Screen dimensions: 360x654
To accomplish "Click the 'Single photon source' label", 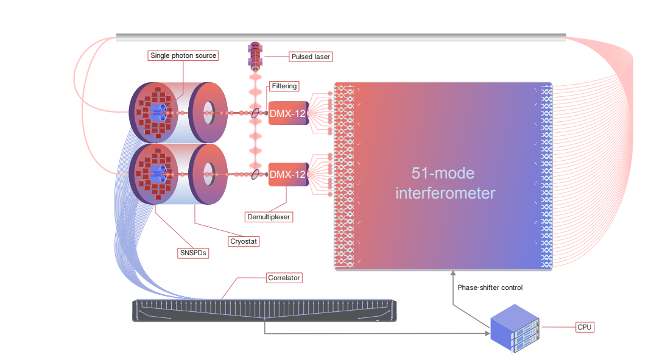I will pyautogui.click(x=183, y=55).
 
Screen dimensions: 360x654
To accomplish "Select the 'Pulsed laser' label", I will pyautogui.click(x=311, y=57).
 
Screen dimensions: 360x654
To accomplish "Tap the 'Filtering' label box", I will pyautogui.click(x=284, y=86).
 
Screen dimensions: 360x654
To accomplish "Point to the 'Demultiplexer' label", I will pyautogui.click(x=269, y=216).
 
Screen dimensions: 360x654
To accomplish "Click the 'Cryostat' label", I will pyautogui.click(x=244, y=241).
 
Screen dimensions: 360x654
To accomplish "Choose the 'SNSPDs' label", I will pyautogui.click(x=193, y=253).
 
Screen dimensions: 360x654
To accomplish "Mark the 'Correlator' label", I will pyautogui.click(x=284, y=278).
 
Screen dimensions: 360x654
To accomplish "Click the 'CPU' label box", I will pyautogui.click(x=585, y=327).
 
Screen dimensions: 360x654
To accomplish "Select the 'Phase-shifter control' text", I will pyautogui.click(x=490, y=288).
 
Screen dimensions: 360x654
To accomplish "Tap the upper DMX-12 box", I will pyautogui.click(x=288, y=113).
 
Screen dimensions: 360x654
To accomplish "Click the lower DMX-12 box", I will pyautogui.click(x=288, y=175).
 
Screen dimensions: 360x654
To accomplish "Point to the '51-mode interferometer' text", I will pyautogui.click(x=445, y=183).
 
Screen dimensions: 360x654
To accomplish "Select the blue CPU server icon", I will pyautogui.click(x=516, y=330).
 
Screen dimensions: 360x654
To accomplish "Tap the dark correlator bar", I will pyautogui.click(x=264, y=311).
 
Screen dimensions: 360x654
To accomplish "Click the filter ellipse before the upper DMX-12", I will pyautogui.click(x=255, y=113).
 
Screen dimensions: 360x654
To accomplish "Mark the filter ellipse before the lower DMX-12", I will pyautogui.click(x=255, y=175).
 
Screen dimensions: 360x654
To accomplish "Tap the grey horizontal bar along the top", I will pyautogui.click(x=341, y=37).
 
